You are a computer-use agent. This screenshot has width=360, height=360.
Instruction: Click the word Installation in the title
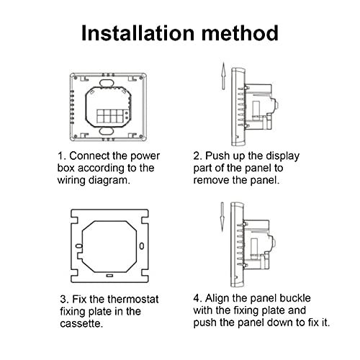[138, 33]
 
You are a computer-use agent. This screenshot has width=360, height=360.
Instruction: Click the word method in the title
[240, 33]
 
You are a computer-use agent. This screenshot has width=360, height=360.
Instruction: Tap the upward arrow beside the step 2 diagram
[223, 76]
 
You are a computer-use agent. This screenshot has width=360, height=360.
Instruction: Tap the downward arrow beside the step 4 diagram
[222, 217]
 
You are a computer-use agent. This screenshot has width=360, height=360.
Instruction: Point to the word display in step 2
[283, 156]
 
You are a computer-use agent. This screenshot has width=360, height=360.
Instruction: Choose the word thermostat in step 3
[133, 300]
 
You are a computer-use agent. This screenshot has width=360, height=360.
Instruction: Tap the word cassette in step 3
[81, 323]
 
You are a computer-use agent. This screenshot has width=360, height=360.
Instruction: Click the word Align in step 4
[217, 299]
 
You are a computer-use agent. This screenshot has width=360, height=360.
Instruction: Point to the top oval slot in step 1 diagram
[107, 83]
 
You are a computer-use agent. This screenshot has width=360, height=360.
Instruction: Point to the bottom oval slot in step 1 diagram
[107, 132]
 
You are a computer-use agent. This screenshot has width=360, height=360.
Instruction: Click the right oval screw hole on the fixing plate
[142, 246]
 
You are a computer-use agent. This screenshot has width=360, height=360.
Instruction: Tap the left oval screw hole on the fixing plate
[79, 246]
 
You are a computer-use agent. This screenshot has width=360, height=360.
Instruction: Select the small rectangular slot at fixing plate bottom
[109, 276]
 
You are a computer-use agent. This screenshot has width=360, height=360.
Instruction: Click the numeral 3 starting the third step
[63, 300]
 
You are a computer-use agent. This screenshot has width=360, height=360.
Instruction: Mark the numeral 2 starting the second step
[197, 156]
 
